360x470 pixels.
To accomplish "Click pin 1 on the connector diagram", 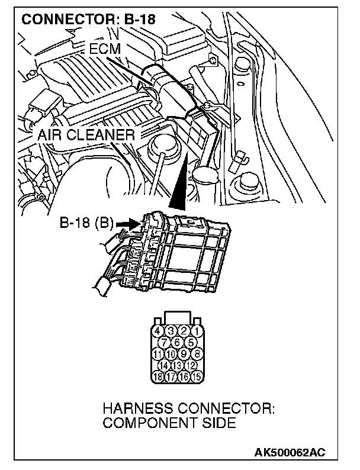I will (x=196, y=330).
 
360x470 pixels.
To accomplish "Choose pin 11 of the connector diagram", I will (x=158, y=354).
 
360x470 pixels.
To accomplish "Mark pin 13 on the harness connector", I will (x=177, y=365).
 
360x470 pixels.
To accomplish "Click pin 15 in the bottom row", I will (x=196, y=375).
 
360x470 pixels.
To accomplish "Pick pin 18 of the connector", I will (x=158, y=375).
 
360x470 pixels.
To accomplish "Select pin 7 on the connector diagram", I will (x=165, y=342).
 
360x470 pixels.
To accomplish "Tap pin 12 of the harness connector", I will (x=189, y=365).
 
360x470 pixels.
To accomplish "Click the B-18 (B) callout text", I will (x=86, y=224).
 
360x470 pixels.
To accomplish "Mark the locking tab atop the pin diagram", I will (x=177, y=316).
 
